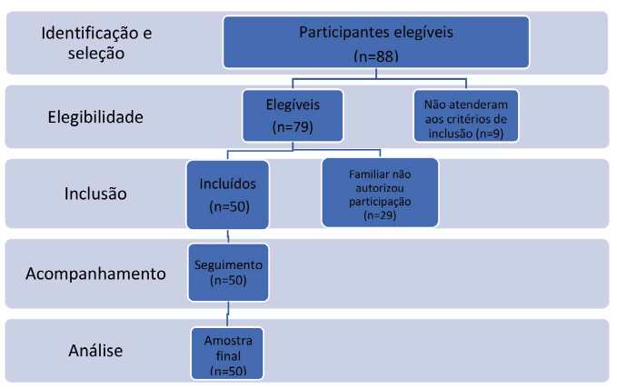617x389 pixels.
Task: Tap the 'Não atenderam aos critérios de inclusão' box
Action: (x=466, y=115)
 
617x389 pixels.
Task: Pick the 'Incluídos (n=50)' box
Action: (x=226, y=194)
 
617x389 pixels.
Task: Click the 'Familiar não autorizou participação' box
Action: (x=379, y=192)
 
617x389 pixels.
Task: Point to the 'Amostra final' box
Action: (x=226, y=353)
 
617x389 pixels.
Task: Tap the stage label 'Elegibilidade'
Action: (x=96, y=116)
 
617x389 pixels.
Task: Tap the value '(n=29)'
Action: (x=380, y=216)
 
